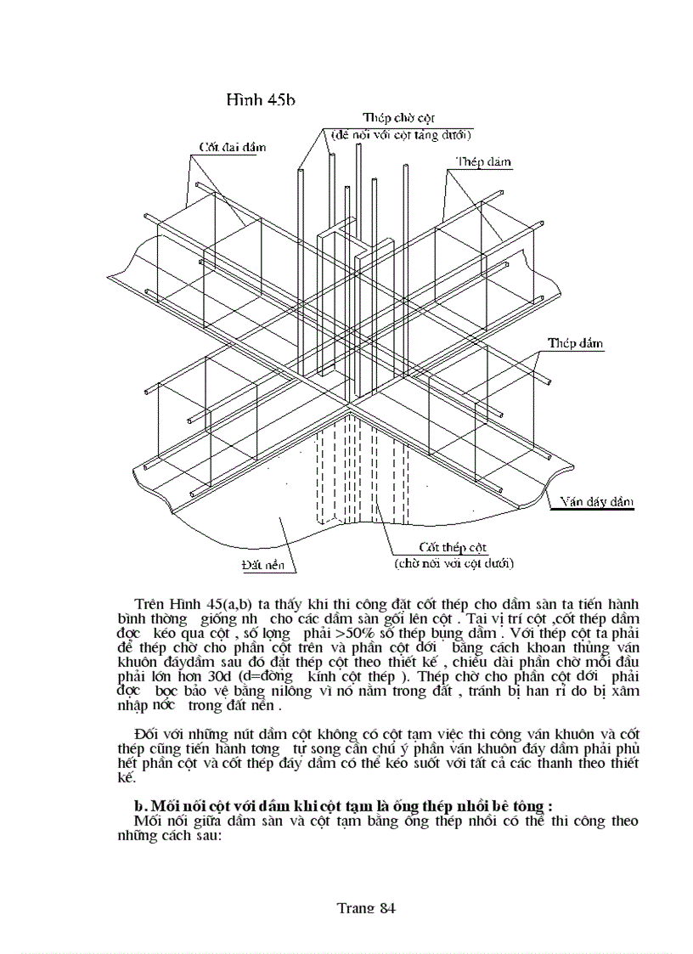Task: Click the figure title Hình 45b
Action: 259,100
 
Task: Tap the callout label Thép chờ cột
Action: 396,117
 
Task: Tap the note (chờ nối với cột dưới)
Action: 452,562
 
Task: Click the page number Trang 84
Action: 366,907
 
